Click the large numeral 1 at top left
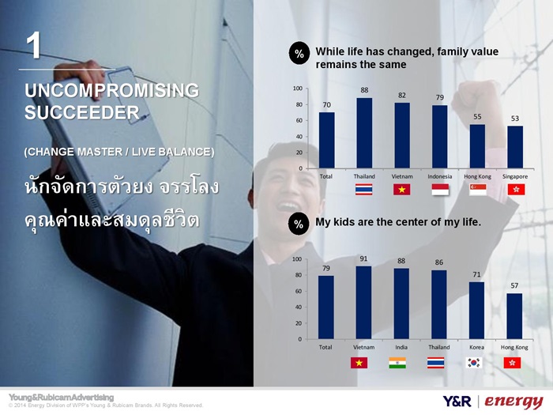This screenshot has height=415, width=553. click(33, 46)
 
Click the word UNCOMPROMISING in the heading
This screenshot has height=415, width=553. click(112, 91)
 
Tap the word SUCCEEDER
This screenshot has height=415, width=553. click(82, 112)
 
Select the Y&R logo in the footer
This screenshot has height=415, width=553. click(457, 402)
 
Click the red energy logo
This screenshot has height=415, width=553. click(513, 402)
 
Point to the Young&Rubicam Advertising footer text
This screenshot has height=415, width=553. click(62, 398)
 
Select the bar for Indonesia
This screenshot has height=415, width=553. click(439, 137)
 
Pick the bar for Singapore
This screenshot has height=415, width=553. click(515, 147)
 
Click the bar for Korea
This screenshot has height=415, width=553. click(476, 311)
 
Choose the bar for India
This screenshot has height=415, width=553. click(401, 304)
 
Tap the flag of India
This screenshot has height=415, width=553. click(397, 363)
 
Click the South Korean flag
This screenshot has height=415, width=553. click(474, 363)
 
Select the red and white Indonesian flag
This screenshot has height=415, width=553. click(440, 190)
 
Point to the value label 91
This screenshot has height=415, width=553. click(363, 258)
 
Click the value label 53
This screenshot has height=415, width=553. click(515, 119)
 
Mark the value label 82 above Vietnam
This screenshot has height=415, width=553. click(401, 96)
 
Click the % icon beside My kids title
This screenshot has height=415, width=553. click(299, 224)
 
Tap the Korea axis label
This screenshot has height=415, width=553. click(476, 347)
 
